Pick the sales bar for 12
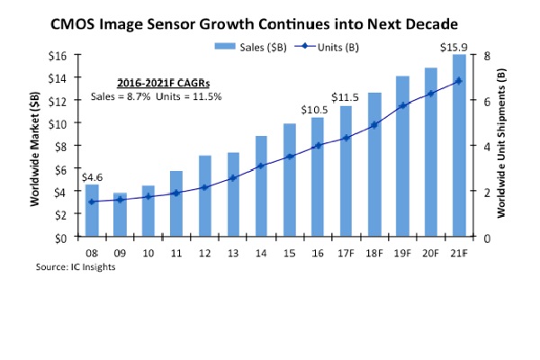click(x=204, y=196)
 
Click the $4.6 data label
click(x=92, y=177)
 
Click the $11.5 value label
click(x=345, y=97)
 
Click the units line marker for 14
click(x=261, y=166)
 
